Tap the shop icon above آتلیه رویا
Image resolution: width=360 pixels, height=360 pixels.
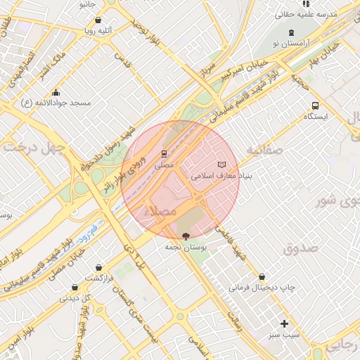coord(97,20)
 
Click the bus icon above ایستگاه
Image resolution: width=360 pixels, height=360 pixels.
coord(314,105)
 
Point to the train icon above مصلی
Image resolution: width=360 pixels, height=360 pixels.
coord(164,153)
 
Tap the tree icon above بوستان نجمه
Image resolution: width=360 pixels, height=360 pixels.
coord(186,236)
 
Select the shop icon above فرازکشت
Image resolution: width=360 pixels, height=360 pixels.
coord(98,267)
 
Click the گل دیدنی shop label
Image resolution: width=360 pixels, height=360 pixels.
coord(75,297)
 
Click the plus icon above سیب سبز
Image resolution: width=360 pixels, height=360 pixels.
coord(284,323)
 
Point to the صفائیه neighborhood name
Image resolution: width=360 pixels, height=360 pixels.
coord(264,150)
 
